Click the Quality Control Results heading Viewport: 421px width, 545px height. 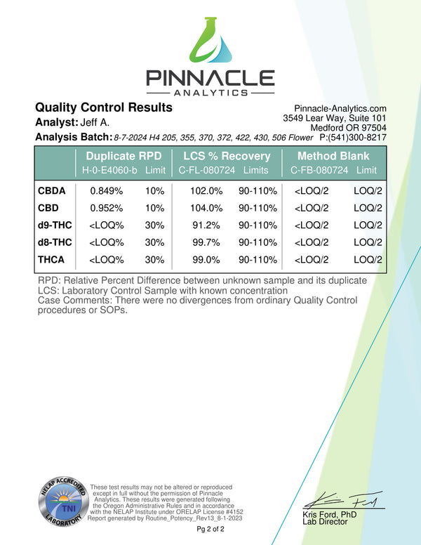103,107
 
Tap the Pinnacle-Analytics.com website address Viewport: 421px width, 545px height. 340,108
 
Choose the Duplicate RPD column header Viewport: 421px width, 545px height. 123,156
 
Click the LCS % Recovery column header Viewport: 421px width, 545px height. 227,156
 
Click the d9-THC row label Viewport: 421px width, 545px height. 55,225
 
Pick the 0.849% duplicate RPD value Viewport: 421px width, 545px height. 107,190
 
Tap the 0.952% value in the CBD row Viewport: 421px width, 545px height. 107,208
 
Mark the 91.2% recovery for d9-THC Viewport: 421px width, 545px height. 209,225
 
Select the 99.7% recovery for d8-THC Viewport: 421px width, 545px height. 209,242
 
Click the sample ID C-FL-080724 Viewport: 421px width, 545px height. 208,171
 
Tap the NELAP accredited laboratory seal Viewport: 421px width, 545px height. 63,506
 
